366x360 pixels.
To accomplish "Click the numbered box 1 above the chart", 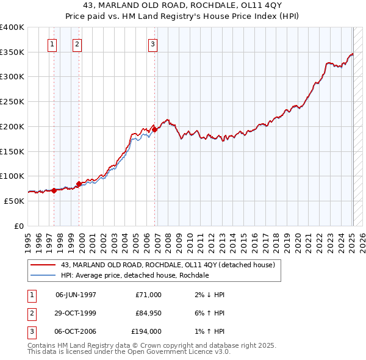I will [52, 44].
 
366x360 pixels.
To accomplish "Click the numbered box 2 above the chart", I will [77, 44].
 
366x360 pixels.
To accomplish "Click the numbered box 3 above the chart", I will [152, 44].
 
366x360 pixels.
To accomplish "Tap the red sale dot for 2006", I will [155, 129].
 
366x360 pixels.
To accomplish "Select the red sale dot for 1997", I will [54, 190].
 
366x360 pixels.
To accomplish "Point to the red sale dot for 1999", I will [79, 183].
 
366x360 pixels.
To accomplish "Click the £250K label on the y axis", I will [12, 102].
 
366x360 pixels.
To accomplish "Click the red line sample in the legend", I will [43, 265].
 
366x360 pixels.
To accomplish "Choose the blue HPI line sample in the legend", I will [43, 275].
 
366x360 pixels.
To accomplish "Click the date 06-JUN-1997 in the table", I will [76, 295].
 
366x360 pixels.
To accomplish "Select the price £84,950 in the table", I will [146, 313].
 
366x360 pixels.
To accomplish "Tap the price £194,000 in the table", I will [146, 332].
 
